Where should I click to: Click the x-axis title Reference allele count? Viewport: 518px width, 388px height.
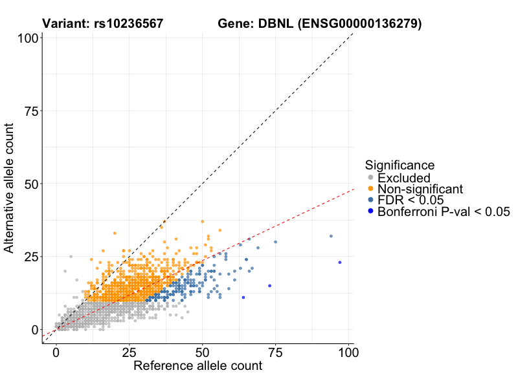click(x=197, y=366)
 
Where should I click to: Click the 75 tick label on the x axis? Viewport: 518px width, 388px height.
click(x=275, y=353)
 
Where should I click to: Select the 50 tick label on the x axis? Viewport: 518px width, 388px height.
click(x=202, y=353)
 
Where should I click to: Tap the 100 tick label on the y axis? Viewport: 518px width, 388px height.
click(x=27, y=38)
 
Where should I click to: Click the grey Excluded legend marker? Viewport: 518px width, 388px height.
click(x=370, y=178)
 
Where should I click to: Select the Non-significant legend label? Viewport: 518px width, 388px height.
click(x=420, y=189)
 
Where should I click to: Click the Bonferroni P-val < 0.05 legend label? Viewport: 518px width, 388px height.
click(x=444, y=211)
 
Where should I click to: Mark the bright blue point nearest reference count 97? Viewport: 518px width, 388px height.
click(x=339, y=262)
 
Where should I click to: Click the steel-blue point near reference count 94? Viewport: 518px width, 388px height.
click(x=331, y=236)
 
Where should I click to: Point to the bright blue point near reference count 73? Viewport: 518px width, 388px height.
click(x=269, y=285)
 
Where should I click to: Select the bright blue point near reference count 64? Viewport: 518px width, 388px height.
click(x=243, y=297)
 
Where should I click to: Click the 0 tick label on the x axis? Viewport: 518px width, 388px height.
click(x=56, y=353)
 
